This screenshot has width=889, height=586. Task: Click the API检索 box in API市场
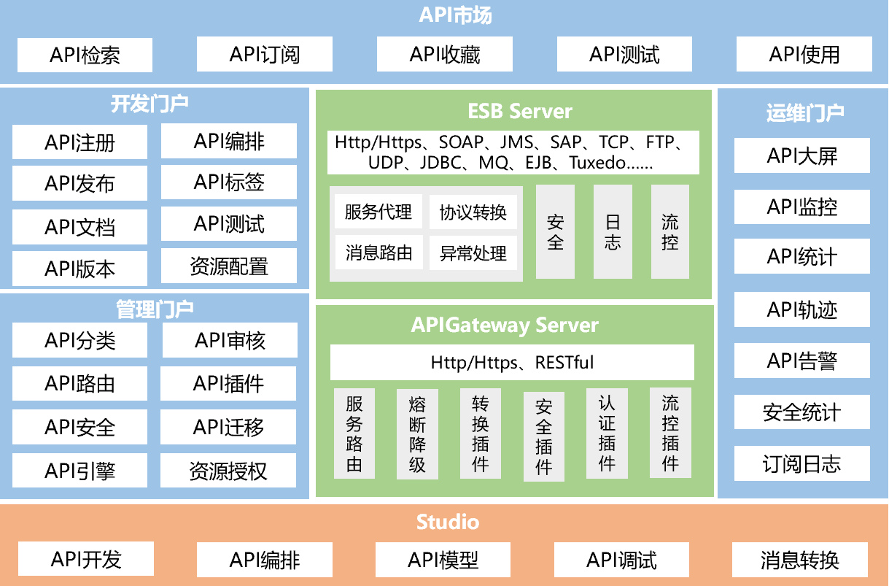(x=85, y=55)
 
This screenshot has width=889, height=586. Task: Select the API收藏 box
(x=445, y=55)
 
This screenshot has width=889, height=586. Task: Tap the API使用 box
(x=804, y=55)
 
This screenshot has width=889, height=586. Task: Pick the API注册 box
(x=79, y=142)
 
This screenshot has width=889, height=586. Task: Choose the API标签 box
(x=229, y=182)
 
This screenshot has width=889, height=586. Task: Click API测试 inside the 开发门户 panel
(x=229, y=224)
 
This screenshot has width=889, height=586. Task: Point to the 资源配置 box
(x=229, y=266)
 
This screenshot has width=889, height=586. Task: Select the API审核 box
(x=230, y=340)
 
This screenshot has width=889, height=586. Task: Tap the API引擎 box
(x=79, y=471)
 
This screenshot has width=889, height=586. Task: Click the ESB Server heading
(x=519, y=111)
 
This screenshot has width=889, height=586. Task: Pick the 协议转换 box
(x=473, y=212)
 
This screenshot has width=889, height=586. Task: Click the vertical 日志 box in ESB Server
(x=613, y=231)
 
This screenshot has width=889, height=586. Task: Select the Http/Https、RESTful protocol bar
(x=512, y=362)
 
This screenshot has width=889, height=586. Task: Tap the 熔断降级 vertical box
(x=417, y=433)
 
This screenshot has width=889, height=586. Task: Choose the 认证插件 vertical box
(x=607, y=433)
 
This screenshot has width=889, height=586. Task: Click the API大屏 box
(x=801, y=155)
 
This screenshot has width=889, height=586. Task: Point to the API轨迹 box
(x=801, y=309)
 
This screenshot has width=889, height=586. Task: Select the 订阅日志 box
(x=801, y=464)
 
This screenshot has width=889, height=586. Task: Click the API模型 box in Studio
(x=443, y=560)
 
